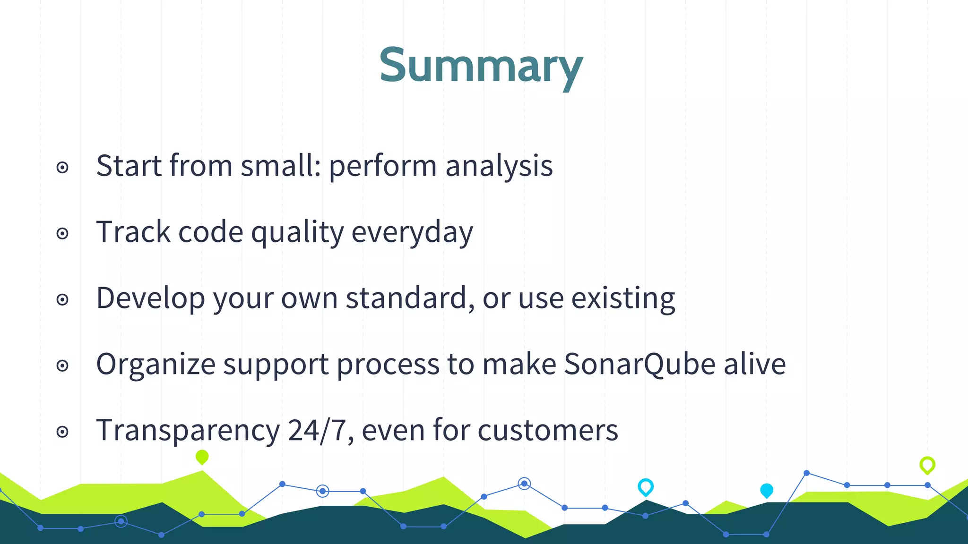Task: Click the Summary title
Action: tap(481, 66)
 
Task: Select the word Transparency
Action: tap(188, 431)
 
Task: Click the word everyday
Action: tap(412, 233)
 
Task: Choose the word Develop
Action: tap(151, 299)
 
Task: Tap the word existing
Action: tap(623, 299)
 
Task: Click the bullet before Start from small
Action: tap(62, 167)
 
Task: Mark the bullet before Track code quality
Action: tap(62, 233)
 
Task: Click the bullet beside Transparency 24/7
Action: tap(62, 432)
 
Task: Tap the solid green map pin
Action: tap(202, 457)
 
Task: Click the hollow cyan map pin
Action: tap(646, 486)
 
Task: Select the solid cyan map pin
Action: tap(767, 490)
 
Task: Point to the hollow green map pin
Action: tap(927, 465)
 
